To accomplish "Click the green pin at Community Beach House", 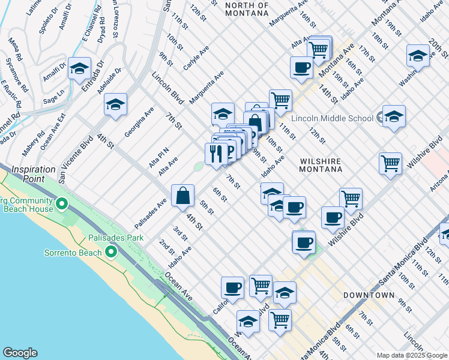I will coord(61,205).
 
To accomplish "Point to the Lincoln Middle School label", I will coord(333,118).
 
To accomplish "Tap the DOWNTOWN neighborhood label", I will coord(369,295).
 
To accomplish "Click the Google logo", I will coord(20,353).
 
